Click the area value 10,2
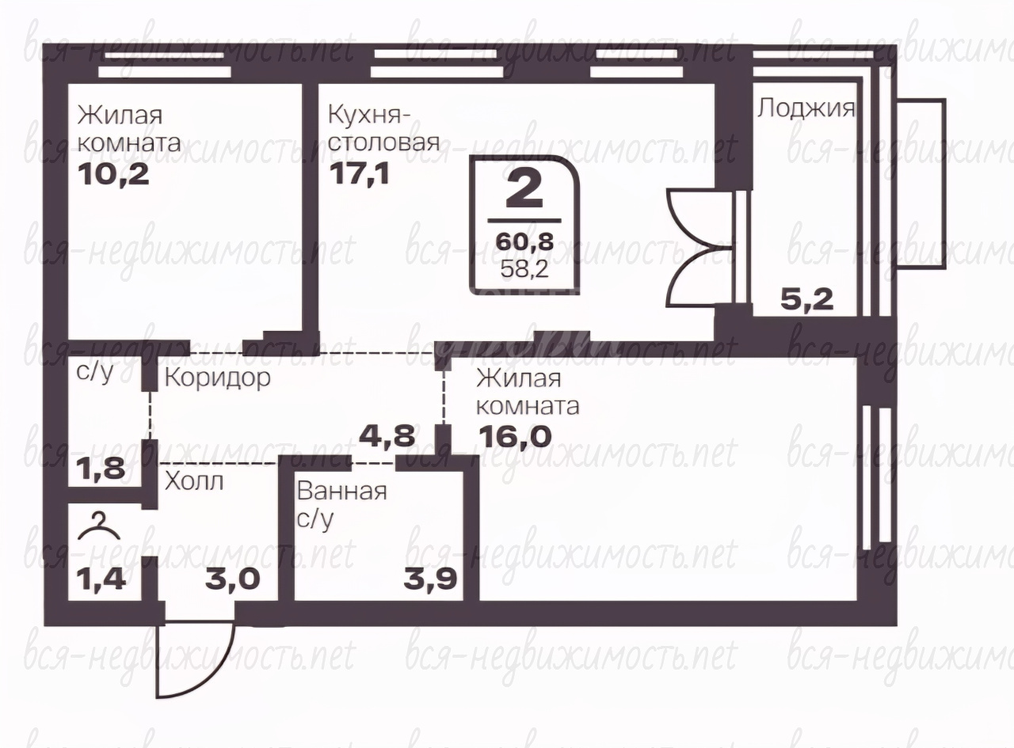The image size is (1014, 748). [x=113, y=174]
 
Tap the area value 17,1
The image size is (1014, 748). [x=360, y=173]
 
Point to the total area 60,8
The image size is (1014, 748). [x=524, y=241]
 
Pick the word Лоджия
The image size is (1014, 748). [x=806, y=108]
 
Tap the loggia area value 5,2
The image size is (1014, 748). [x=807, y=300]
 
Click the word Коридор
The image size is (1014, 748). [x=217, y=378]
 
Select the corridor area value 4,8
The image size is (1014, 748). [x=387, y=435]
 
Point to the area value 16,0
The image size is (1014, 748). [x=514, y=436]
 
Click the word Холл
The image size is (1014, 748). [x=194, y=481]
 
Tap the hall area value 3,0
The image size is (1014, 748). [x=232, y=579]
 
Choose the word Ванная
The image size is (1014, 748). [x=342, y=492]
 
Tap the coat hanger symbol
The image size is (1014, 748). [x=99, y=527]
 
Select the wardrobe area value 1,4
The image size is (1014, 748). [x=101, y=579]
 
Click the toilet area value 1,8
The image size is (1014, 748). [x=101, y=468]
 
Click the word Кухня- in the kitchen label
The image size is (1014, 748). [x=369, y=115]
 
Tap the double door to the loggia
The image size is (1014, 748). [x=705, y=248]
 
